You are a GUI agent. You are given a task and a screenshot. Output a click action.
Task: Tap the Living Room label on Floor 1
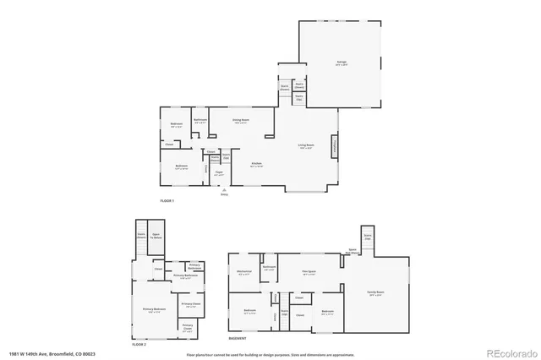306,146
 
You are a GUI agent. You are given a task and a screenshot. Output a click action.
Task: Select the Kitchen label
256,164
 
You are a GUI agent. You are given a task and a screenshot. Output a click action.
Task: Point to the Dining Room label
241,120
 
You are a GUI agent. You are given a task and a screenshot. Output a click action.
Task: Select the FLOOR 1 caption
167,200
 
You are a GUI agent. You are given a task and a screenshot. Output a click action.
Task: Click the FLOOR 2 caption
139,345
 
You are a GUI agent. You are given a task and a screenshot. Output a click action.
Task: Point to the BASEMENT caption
238,338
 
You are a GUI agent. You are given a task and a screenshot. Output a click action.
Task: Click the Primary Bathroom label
184,276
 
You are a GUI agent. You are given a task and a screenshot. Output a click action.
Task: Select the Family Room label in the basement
376,292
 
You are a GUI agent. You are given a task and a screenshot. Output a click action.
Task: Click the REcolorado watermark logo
508,352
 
